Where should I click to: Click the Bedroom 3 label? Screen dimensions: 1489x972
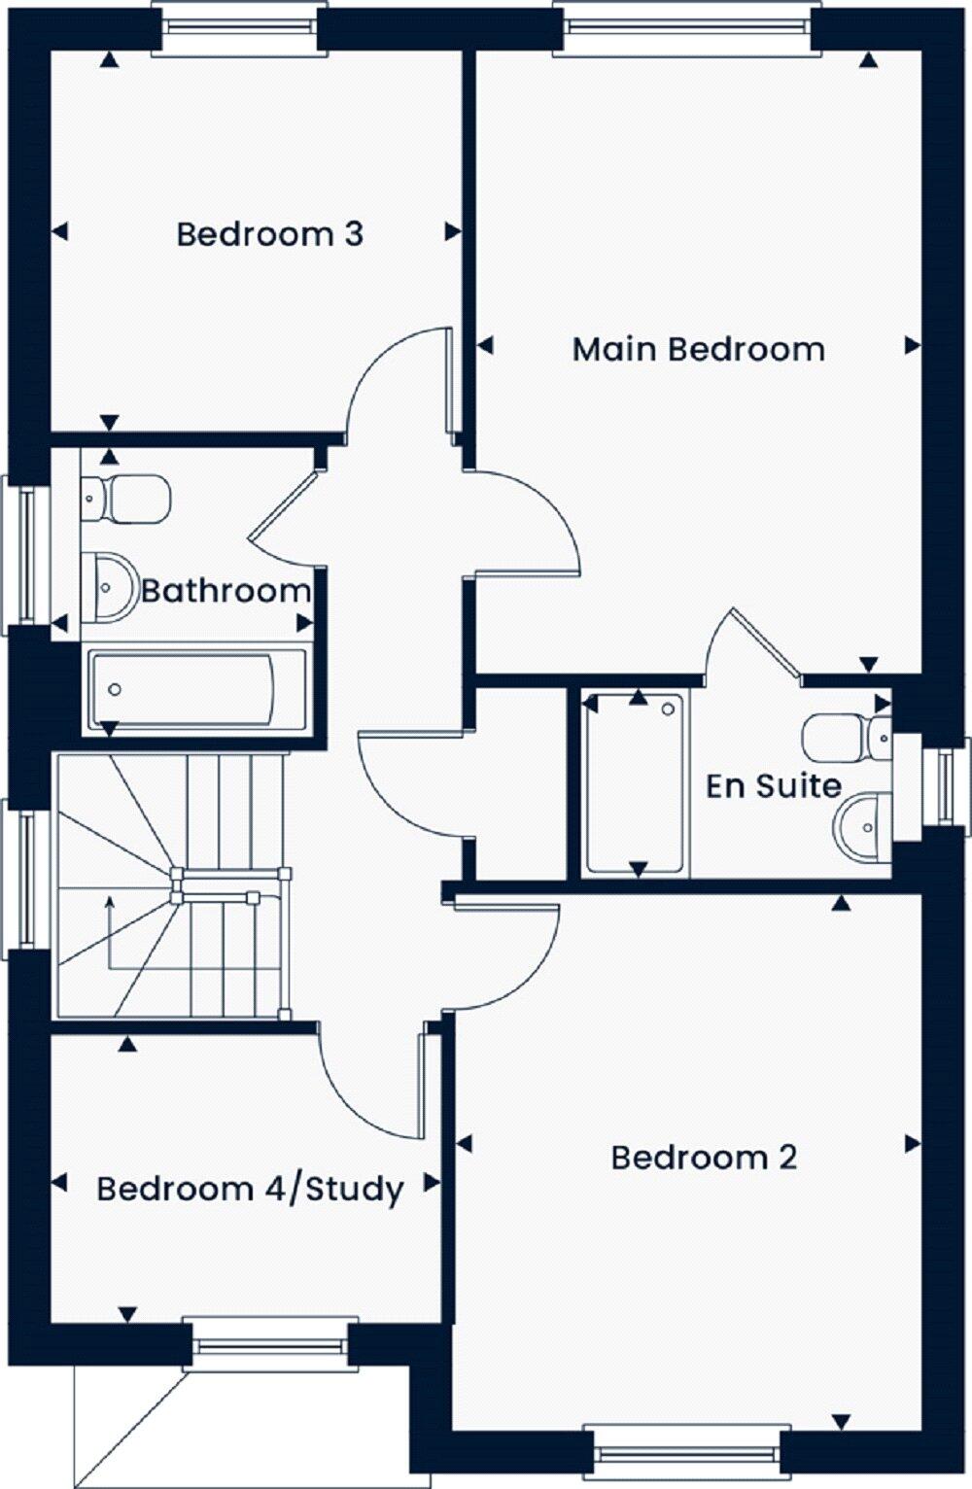click(269, 234)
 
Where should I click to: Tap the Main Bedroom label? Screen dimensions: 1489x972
click(698, 349)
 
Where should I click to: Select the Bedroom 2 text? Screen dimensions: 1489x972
click(704, 1158)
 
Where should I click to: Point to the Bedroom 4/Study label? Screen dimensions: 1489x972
click(250, 1189)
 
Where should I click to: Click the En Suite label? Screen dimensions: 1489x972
click(773, 785)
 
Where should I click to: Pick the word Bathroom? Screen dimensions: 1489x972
click(226, 590)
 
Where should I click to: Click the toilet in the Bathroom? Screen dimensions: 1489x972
click(127, 498)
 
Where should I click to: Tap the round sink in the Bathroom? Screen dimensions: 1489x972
click(108, 586)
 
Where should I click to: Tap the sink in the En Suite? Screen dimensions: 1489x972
click(864, 827)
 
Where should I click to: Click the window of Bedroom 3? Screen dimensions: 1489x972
click(239, 27)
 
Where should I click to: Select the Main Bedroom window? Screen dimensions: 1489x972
click(687, 27)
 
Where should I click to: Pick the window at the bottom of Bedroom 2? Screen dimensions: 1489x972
click(686, 1452)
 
